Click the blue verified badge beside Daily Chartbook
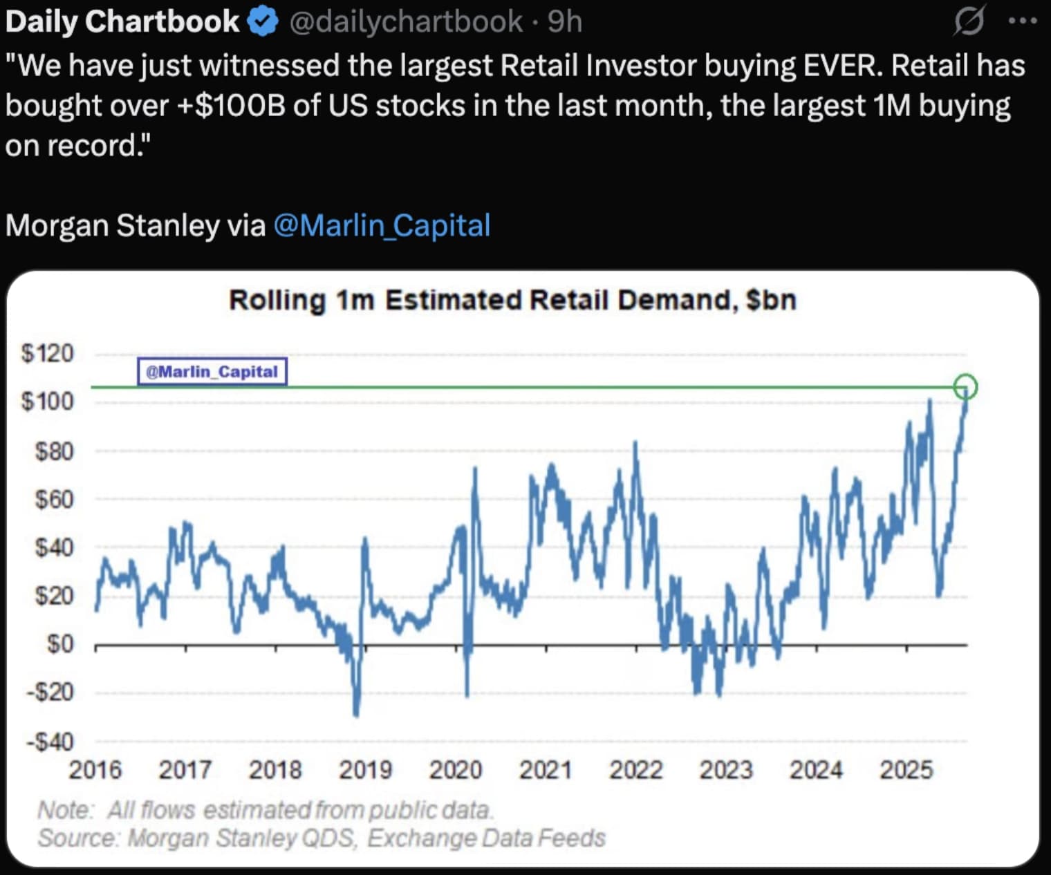(x=262, y=22)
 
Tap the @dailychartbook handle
(x=405, y=22)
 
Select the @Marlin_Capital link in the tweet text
(x=382, y=225)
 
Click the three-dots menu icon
(x=1023, y=21)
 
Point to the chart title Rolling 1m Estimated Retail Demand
(x=512, y=301)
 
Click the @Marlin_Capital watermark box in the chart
(x=212, y=372)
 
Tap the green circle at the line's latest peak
(x=965, y=386)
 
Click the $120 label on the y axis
(x=47, y=353)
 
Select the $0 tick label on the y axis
(x=59, y=644)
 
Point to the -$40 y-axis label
(x=50, y=742)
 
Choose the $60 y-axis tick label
(x=54, y=499)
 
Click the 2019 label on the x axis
(x=365, y=770)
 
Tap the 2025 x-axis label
(x=906, y=770)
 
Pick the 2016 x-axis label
(x=95, y=770)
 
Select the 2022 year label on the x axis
(x=635, y=770)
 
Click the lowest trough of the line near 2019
(x=356, y=715)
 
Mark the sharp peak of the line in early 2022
(x=635, y=442)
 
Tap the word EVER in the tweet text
(x=842, y=66)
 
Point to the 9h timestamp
(x=565, y=22)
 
